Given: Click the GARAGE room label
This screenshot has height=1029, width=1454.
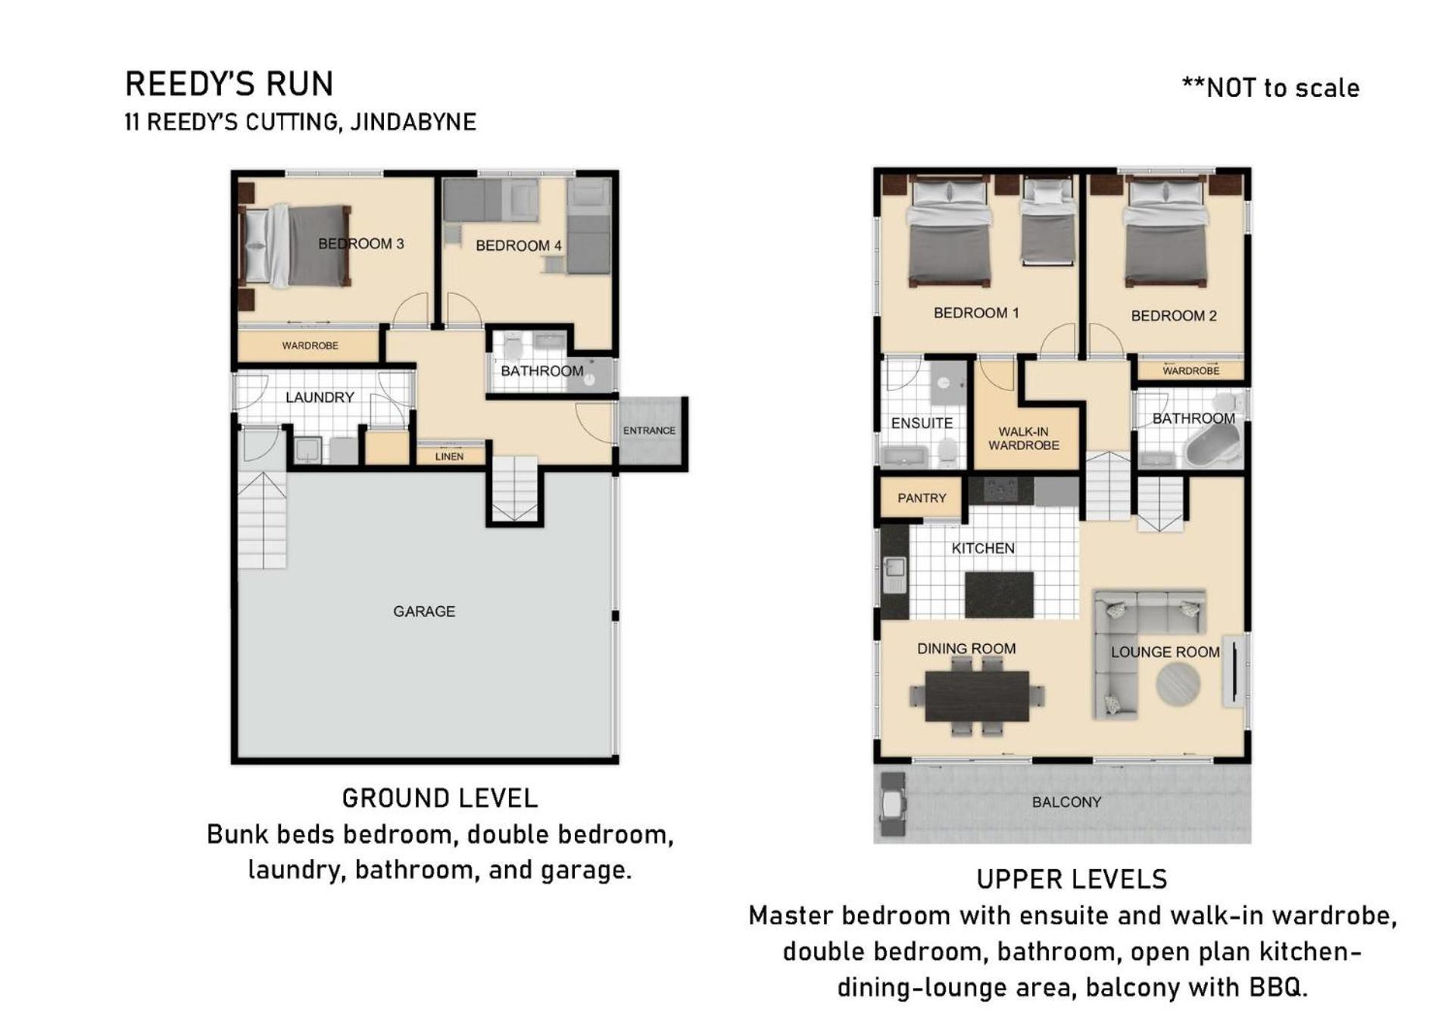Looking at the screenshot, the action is pos(424,611).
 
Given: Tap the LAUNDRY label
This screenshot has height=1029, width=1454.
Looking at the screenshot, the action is pos(320,397).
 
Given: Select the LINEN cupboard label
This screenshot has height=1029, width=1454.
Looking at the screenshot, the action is pos(449,456).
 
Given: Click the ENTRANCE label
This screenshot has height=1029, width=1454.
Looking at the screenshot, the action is pos(649,430).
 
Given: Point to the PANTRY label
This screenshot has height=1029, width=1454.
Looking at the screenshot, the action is pos(922,498).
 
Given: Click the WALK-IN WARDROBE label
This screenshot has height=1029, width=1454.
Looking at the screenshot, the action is pos(1023,438).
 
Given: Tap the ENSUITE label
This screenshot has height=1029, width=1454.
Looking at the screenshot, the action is pos(922,423).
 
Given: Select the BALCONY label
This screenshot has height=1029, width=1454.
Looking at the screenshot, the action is pos(1066,802).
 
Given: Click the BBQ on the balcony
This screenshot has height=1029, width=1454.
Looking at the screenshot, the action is pos(893,804).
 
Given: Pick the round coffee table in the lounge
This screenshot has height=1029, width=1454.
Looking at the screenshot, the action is pos(1178,685).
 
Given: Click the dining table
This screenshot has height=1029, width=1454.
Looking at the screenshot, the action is pos(977,696).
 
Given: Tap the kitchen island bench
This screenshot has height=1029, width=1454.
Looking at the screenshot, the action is pos(999,595).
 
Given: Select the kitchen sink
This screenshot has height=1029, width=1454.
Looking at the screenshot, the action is pos(894,574).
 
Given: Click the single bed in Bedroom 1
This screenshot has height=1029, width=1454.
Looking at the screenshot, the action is pos(1048,220).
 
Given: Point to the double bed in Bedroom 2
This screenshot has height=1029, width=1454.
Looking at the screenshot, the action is pos(1165,232).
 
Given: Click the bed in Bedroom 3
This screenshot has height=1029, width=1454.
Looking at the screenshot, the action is pos(295,246).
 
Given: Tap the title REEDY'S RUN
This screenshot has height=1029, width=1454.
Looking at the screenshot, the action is pos(229,84).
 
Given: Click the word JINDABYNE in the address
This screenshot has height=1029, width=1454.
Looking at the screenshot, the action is pos(413,122).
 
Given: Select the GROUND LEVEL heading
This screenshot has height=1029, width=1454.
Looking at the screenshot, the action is pos(440,798).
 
